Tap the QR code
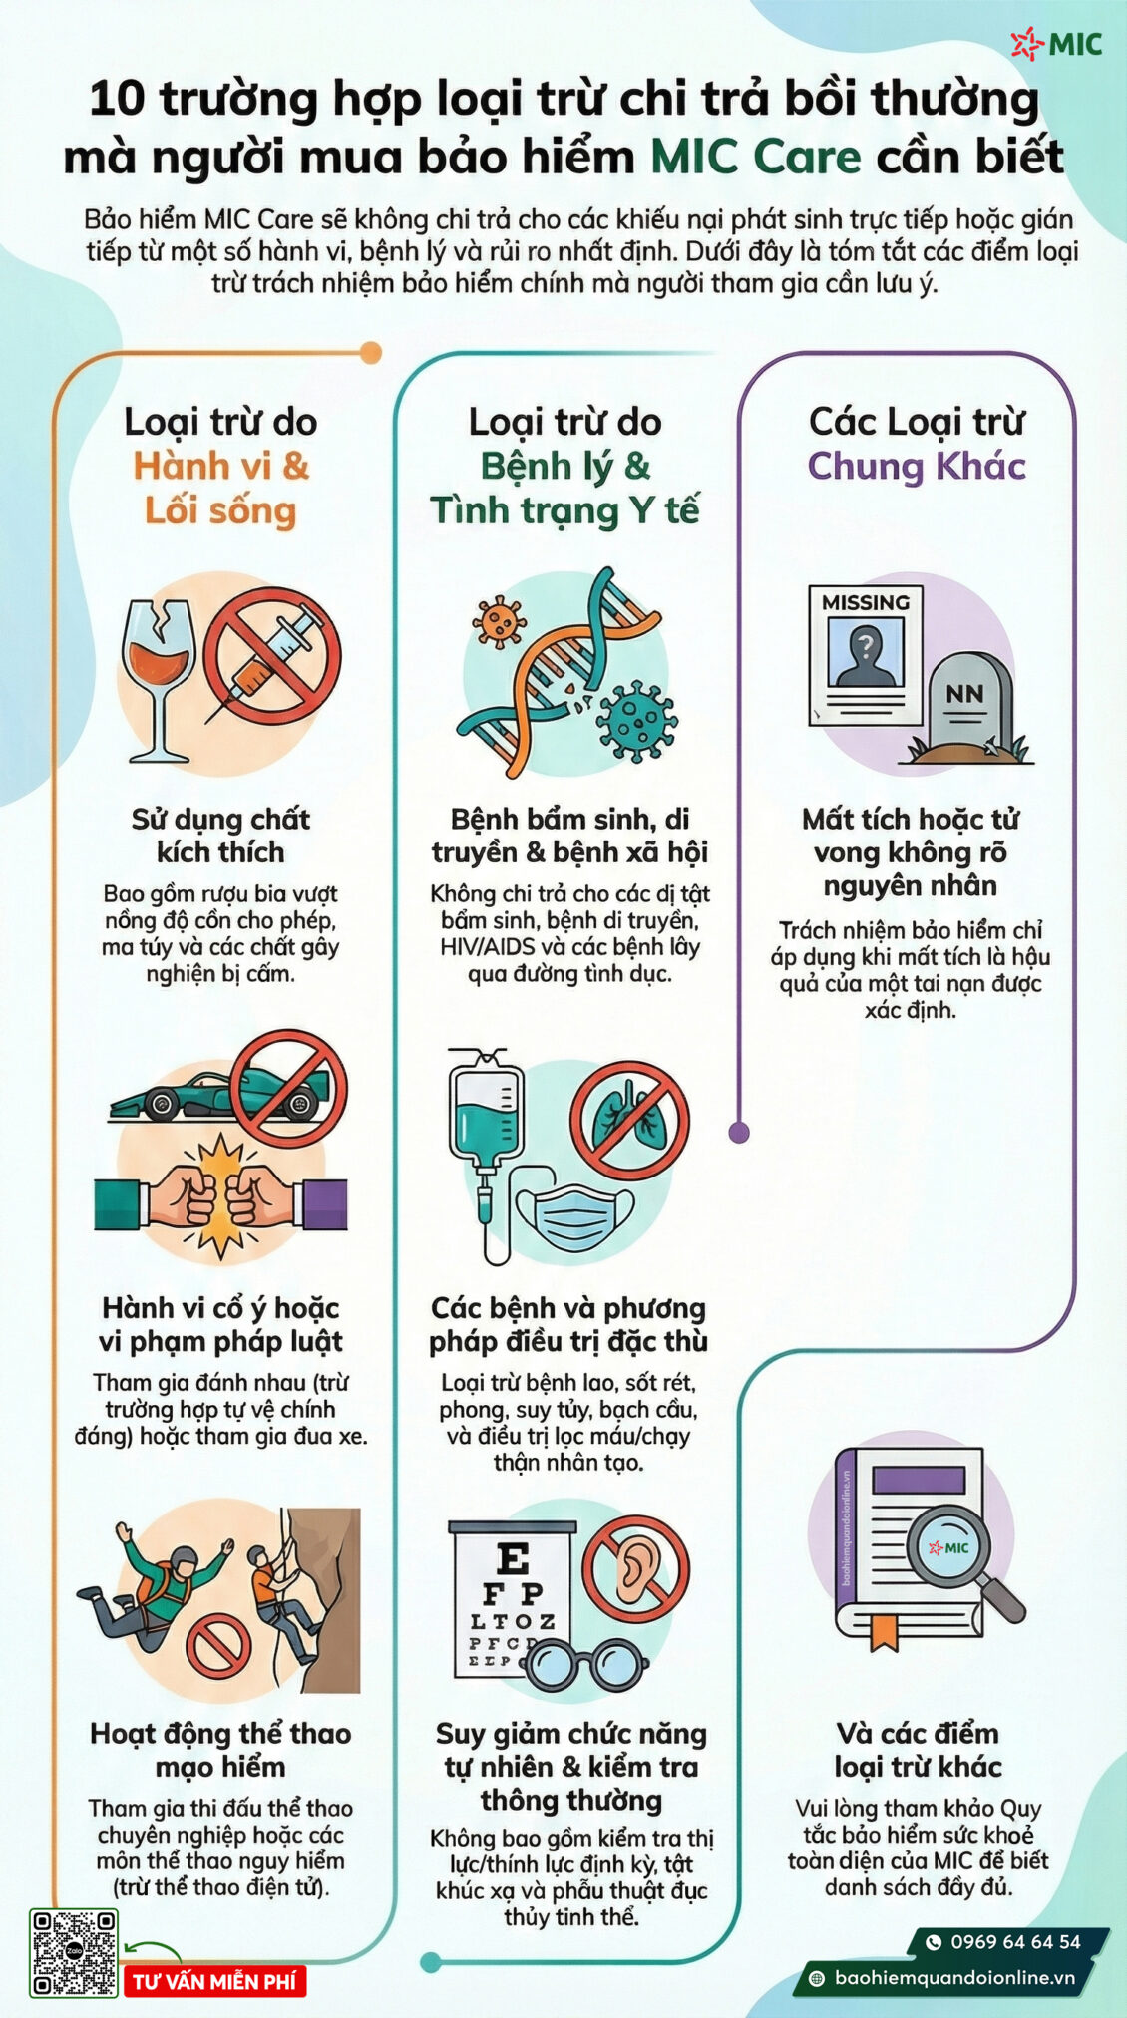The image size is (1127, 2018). coord(74,1952)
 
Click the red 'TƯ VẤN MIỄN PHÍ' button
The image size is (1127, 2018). coord(214,1981)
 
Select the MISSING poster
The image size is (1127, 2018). coord(865,654)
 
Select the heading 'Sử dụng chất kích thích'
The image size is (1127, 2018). coord(220,836)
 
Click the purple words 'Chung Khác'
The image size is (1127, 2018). coord(917,466)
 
